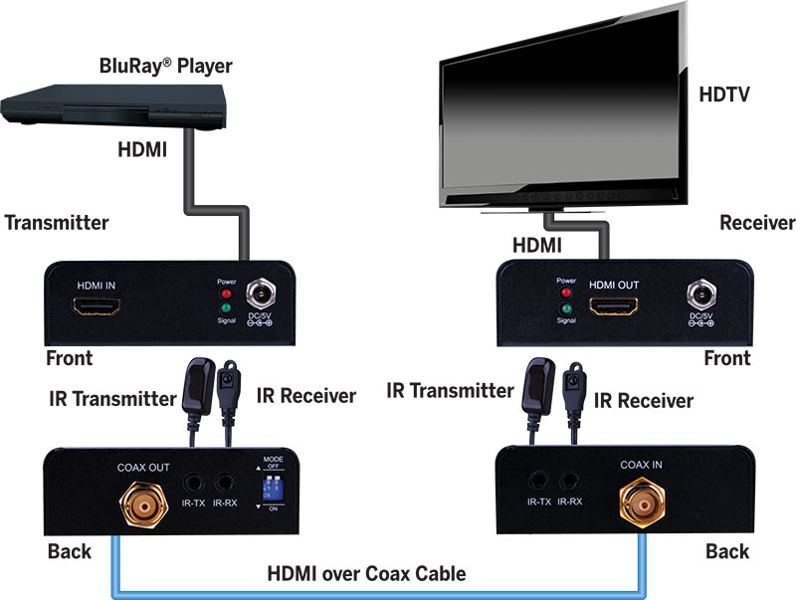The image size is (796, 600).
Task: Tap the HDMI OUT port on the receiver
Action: pos(613,304)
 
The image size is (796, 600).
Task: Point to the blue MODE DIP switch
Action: pos(242,488)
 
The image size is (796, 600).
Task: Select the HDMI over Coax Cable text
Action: pos(366,573)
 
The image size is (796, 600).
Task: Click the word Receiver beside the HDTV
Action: pos(757,223)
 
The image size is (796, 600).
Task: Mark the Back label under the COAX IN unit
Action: pos(727,551)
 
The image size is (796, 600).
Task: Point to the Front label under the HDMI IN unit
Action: pos(69,358)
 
